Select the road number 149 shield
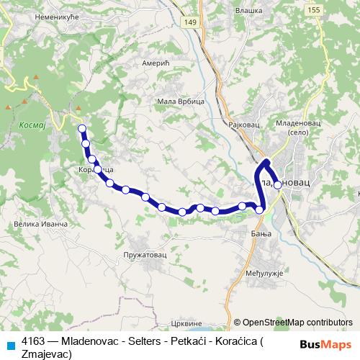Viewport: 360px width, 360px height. (210, 24)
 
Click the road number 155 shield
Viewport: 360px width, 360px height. (333, 9)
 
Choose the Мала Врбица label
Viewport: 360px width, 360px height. (181, 102)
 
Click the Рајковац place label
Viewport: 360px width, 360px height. (239, 124)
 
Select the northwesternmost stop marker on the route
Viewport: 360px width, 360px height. (81, 129)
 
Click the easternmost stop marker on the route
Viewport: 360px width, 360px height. (277, 184)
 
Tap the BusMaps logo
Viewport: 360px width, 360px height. (325, 343)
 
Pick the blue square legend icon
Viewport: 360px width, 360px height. (10, 343)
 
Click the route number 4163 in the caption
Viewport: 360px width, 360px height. (33, 340)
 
